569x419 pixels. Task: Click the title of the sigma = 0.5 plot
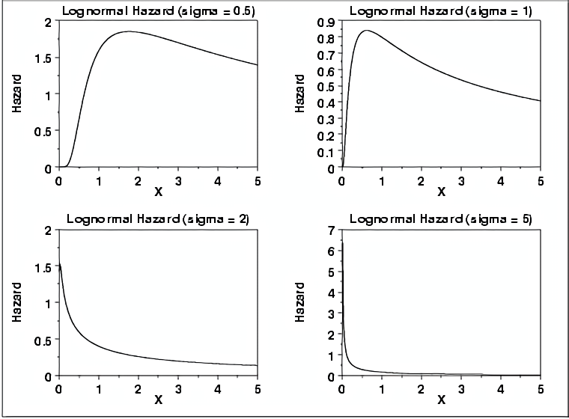point(158,10)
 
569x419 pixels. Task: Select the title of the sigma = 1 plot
point(441,10)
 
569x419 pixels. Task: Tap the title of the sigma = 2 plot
point(158,219)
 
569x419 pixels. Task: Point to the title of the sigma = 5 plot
point(441,219)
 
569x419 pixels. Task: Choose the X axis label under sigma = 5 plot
point(441,400)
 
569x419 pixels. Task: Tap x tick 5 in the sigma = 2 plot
point(257,388)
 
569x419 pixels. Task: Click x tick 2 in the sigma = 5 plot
point(422,388)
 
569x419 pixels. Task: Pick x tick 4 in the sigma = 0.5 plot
point(217,180)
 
